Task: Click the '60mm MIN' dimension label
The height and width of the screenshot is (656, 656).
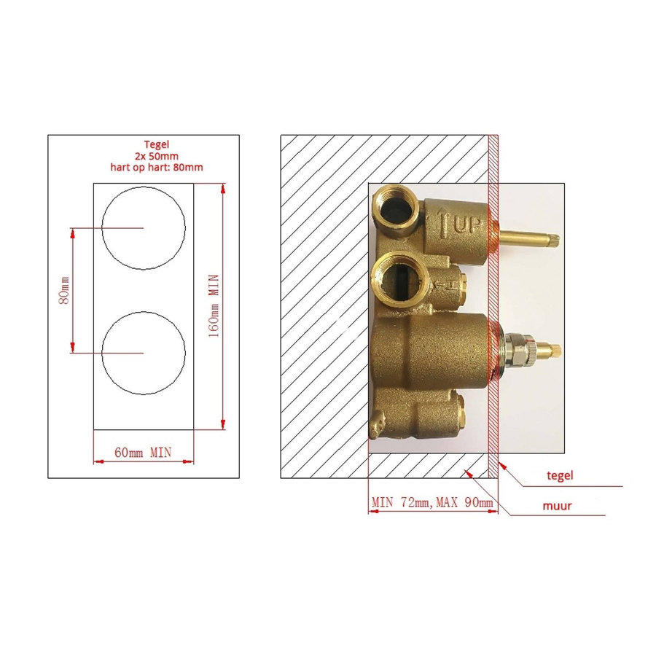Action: coord(143,452)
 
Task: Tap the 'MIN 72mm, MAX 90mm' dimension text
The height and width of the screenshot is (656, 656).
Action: coord(432,502)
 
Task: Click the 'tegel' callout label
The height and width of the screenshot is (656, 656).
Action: coord(560,475)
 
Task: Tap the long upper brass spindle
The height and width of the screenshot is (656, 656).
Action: coord(528,238)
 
